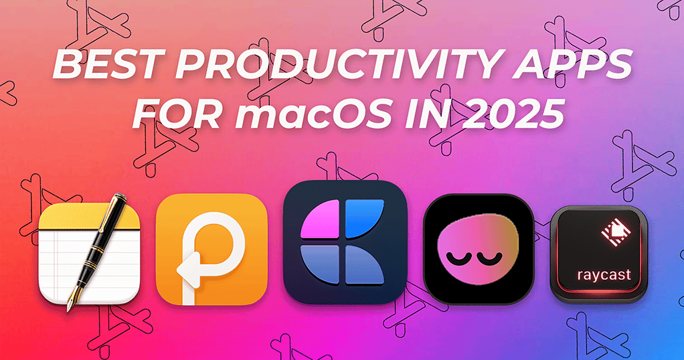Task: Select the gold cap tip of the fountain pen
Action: point(123,199)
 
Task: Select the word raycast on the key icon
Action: point(595,275)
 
